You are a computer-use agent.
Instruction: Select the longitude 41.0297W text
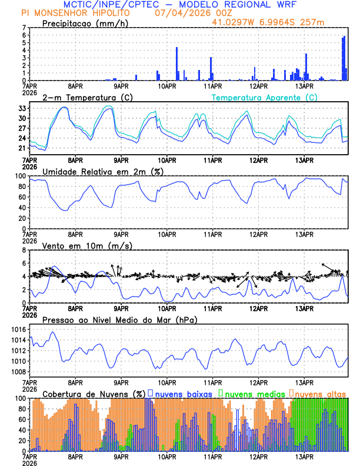click(236, 22)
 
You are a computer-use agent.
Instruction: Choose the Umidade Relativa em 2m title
click(103, 171)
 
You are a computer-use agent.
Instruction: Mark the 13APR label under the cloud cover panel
click(304, 456)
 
